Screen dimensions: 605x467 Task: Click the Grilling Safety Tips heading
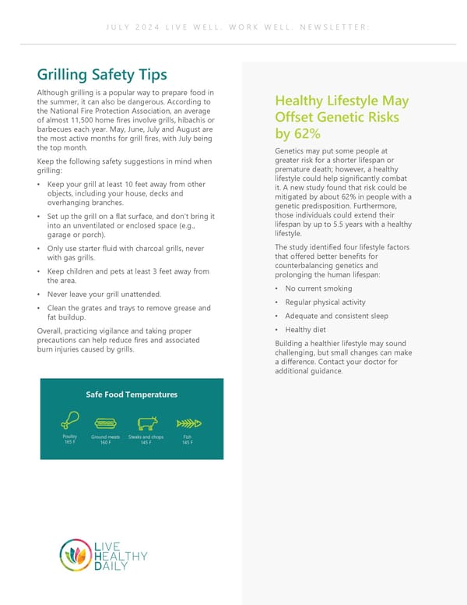pos(102,76)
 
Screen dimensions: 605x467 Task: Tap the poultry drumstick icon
pos(71,422)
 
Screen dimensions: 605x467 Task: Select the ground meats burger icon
pos(104,423)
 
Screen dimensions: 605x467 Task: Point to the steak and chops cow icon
pos(146,423)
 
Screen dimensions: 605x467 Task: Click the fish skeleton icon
pos(188,423)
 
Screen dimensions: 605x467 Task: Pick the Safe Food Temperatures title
pos(132,394)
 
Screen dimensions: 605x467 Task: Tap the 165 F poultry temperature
pos(70,443)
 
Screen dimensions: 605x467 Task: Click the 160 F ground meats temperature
pos(104,443)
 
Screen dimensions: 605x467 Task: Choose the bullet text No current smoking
pos(318,288)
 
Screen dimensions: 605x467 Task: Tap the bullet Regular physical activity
pos(325,302)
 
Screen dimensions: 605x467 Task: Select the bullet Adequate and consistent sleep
pos(336,317)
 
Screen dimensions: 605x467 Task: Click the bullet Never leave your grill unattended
pos(104,295)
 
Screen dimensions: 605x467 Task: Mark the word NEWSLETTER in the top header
pos(330,28)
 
